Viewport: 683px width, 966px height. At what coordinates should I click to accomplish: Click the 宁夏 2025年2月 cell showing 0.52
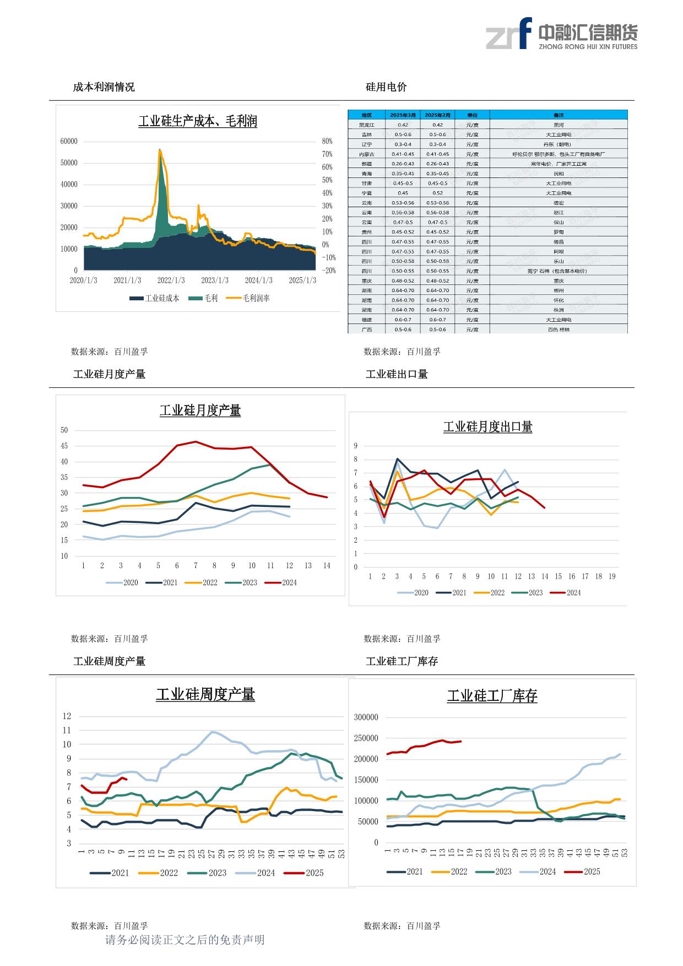point(437,193)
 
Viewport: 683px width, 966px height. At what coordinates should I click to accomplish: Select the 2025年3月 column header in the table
point(403,115)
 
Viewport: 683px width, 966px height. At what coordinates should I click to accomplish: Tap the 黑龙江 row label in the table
point(366,125)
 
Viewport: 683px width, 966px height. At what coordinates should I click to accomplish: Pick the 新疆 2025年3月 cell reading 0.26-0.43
point(403,164)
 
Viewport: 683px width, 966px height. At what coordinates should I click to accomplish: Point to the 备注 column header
point(559,115)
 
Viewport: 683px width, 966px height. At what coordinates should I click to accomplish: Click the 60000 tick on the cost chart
point(69,142)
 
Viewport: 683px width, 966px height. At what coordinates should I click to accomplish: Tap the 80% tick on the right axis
point(327,142)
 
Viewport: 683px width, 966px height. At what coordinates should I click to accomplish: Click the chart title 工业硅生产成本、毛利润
point(197,121)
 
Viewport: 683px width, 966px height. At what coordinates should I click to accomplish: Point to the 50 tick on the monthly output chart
point(64,430)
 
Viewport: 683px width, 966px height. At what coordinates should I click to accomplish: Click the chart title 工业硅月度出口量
point(487,427)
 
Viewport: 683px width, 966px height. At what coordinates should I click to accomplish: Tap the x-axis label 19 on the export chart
point(612,576)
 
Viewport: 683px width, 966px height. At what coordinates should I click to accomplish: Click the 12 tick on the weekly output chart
point(67,716)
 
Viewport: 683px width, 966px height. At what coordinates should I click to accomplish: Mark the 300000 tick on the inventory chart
point(366,717)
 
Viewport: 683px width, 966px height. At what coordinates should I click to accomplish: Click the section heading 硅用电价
point(386,87)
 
